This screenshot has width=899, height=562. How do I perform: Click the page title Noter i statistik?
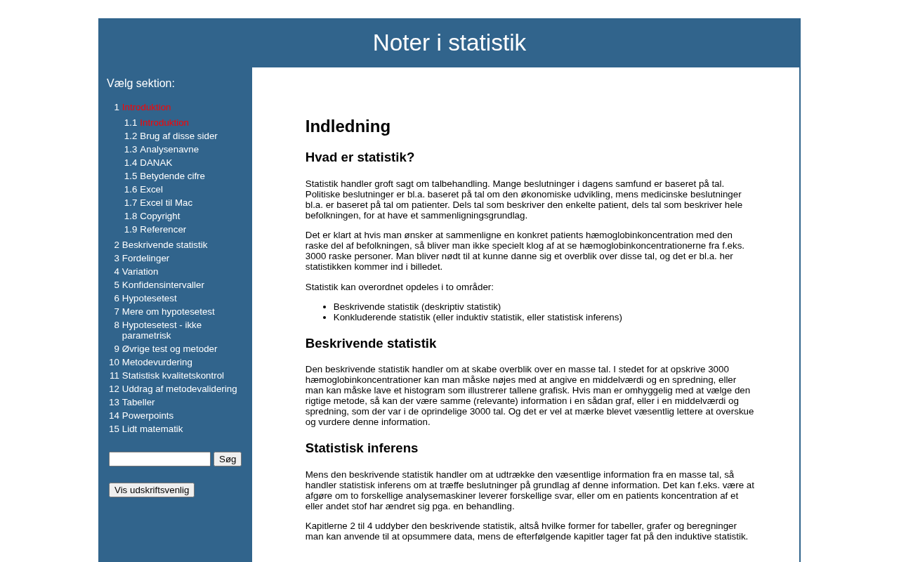[449, 43]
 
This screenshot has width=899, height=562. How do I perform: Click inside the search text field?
[159, 459]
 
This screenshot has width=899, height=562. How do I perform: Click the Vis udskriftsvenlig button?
[152, 490]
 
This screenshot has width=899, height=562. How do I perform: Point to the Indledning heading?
[348, 126]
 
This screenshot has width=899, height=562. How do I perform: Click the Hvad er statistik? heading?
[360, 157]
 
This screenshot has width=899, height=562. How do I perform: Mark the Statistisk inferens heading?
[361, 448]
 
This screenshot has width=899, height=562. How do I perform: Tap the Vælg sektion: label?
[140, 84]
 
